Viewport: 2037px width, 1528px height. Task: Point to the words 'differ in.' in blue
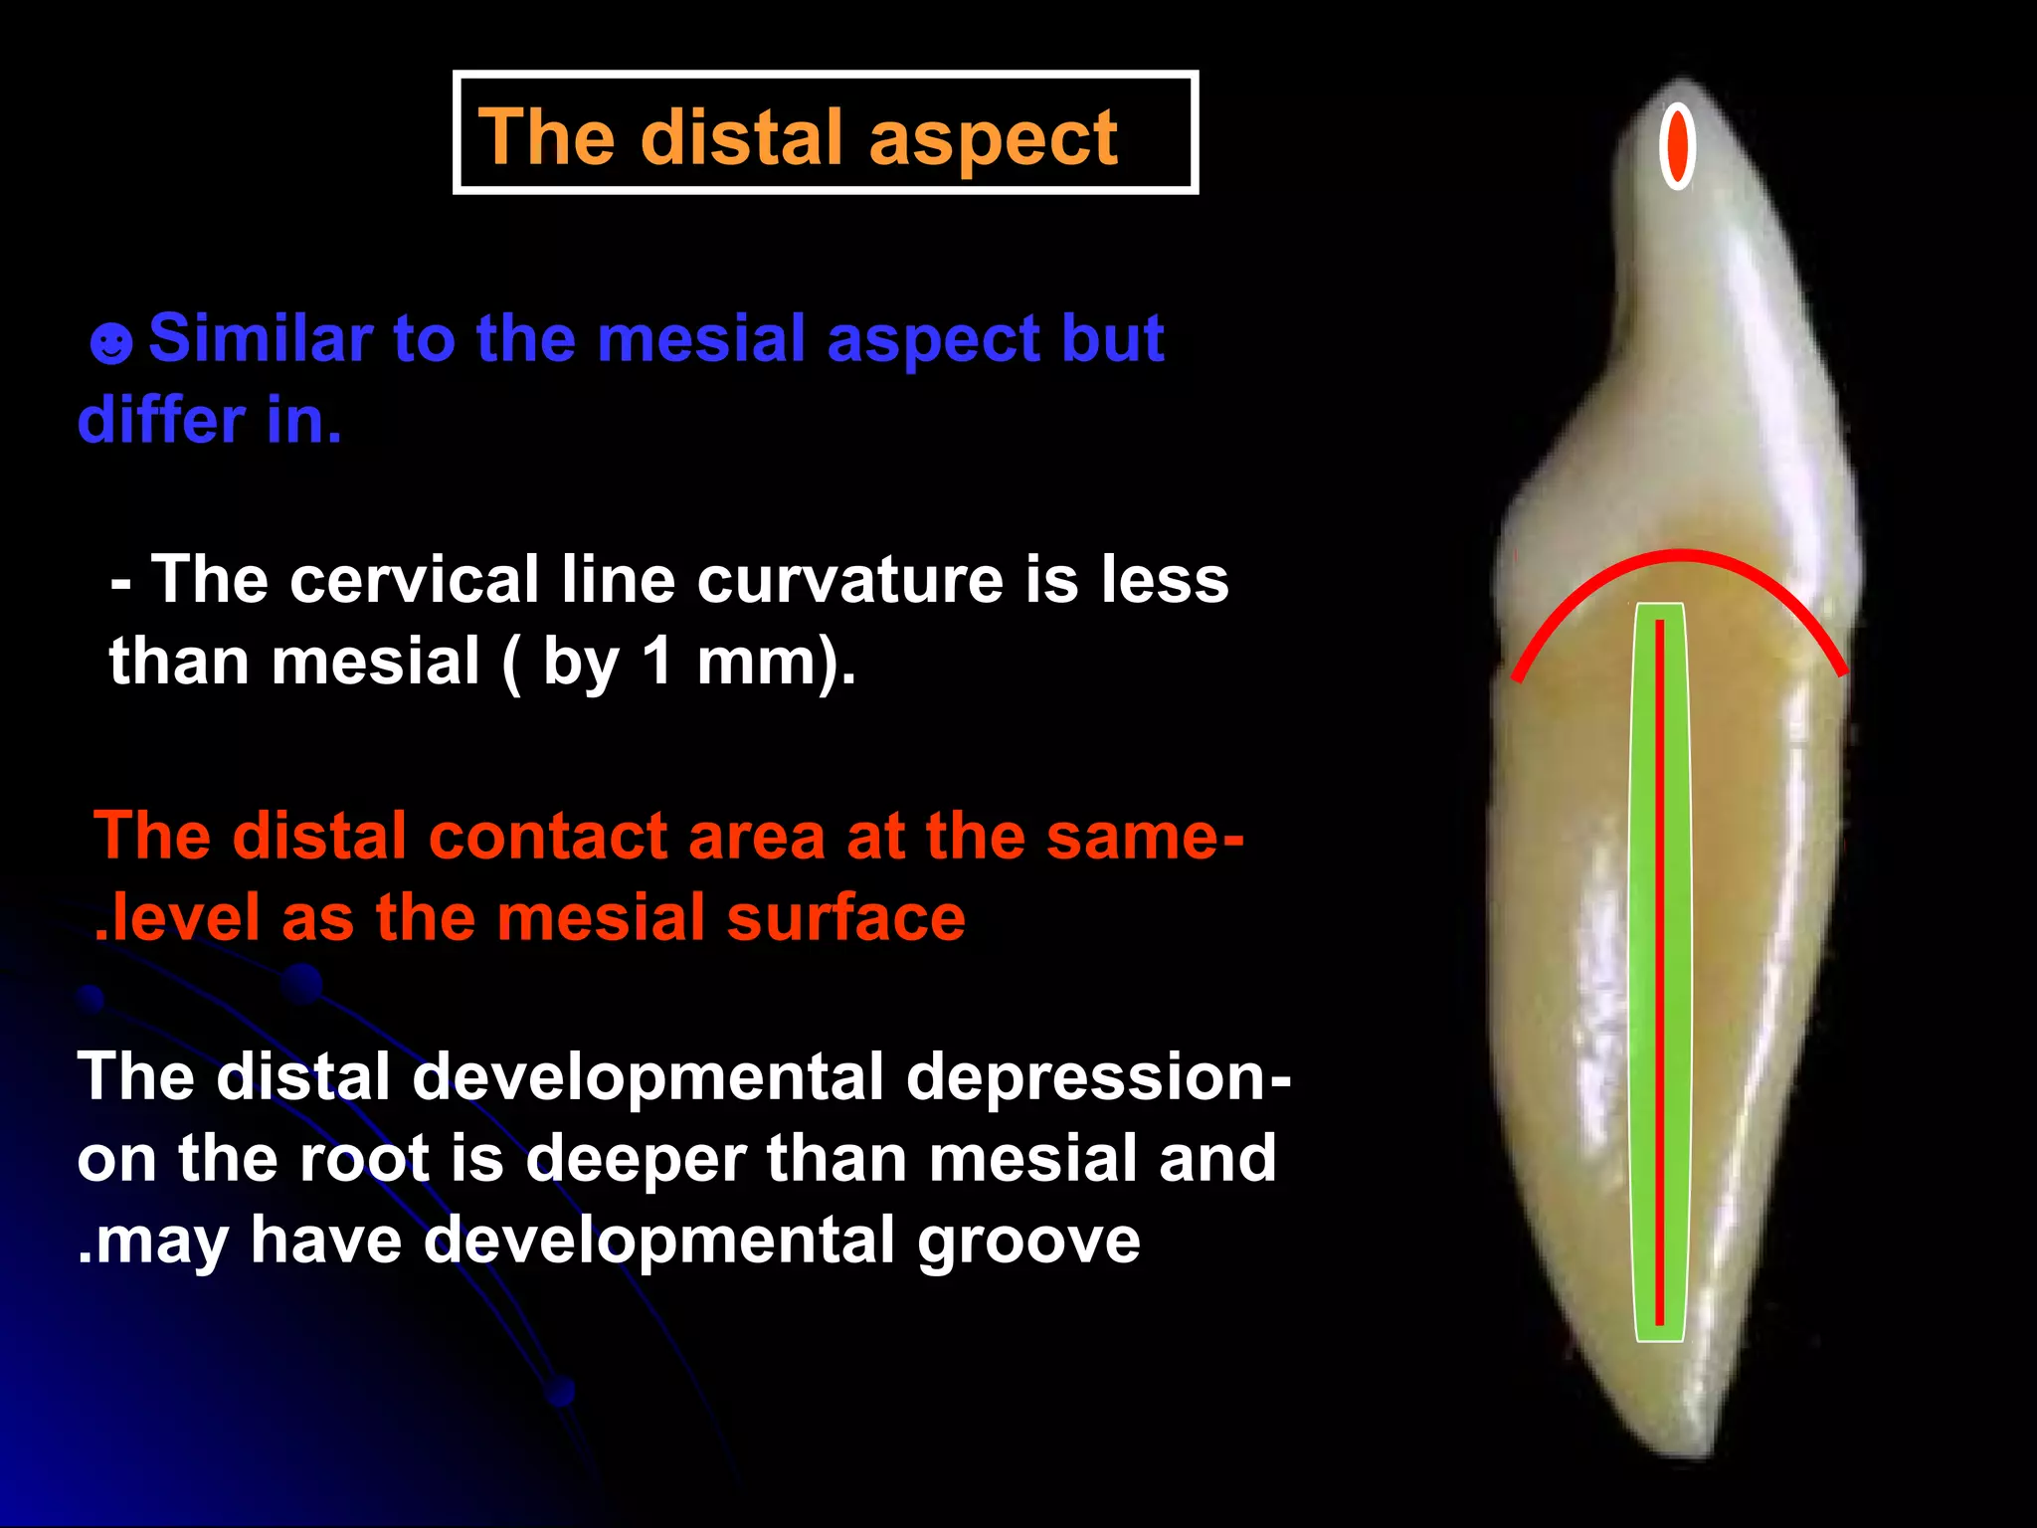click(x=210, y=420)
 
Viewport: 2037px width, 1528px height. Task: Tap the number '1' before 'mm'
click(x=657, y=661)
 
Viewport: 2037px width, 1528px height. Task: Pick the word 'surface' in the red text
click(x=845, y=917)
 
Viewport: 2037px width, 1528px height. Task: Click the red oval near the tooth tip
click(x=1677, y=145)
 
